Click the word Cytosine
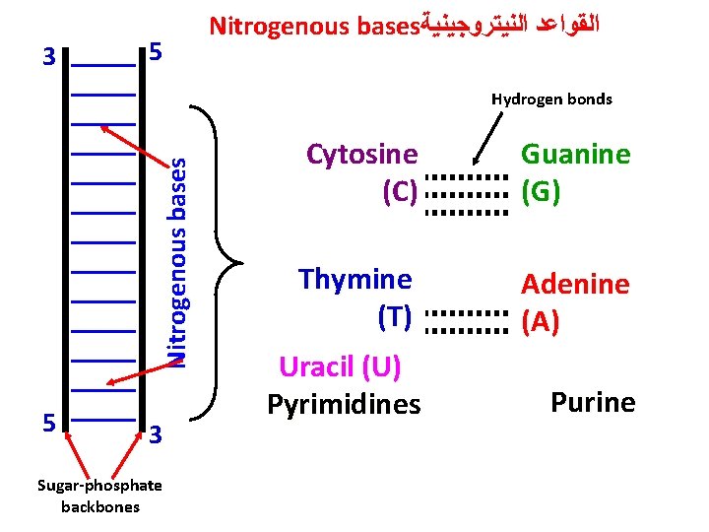[361, 156]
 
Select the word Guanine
[575, 155]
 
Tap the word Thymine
[354, 279]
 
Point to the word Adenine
[575, 285]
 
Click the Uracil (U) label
[340, 366]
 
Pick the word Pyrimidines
[344, 404]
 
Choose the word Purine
[593, 402]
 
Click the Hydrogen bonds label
[551, 100]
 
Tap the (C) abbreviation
[401, 191]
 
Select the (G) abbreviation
[542, 191]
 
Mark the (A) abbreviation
[541, 322]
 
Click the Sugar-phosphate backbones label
[99, 496]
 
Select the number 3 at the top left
[48, 57]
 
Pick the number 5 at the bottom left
[48, 423]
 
